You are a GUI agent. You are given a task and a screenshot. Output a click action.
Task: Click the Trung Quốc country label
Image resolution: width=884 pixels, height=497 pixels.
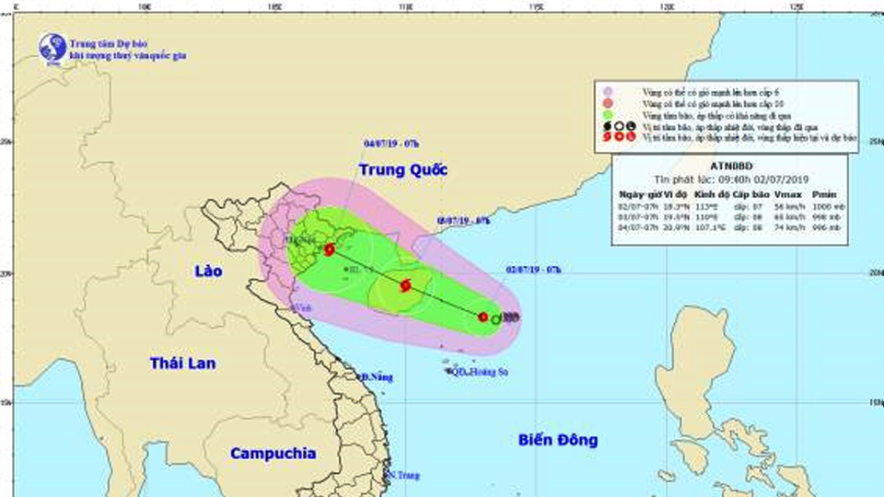click(x=402, y=170)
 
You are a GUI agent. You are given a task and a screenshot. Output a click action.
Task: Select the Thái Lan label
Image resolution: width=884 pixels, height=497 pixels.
click(x=183, y=364)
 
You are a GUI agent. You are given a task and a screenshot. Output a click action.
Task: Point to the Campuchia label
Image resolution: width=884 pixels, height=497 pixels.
click(x=273, y=453)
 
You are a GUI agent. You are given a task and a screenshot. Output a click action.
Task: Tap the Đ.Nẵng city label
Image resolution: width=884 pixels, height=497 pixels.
click(x=377, y=377)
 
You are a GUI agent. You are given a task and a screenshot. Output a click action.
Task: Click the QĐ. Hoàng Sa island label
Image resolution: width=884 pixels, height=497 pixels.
click(x=480, y=372)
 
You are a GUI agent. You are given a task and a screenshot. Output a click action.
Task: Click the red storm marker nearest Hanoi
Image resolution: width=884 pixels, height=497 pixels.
click(x=330, y=248)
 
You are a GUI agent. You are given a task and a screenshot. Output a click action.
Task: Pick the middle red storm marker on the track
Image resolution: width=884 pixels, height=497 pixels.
click(x=405, y=285)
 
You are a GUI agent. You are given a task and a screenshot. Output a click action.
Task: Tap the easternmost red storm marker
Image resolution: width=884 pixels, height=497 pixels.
click(x=483, y=317)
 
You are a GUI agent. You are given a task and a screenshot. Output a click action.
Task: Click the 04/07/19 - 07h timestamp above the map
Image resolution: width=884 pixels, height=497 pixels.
click(x=391, y=144)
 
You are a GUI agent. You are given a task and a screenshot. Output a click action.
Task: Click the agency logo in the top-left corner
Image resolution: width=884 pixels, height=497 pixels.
click(x=52, y=47)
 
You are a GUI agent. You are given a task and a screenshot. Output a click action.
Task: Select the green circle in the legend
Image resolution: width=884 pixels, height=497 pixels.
click(x=607, y=114)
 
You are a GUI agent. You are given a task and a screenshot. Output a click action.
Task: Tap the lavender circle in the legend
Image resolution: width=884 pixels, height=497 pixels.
click(x=607, y=91)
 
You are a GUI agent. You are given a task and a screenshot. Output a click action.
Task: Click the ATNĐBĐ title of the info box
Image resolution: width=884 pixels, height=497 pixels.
click(x=734, y=165)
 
